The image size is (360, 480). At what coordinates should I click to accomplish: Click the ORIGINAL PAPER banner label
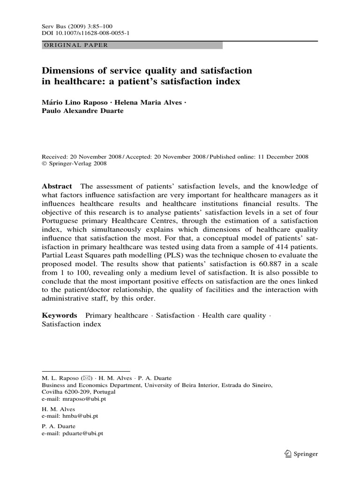pos(75,45)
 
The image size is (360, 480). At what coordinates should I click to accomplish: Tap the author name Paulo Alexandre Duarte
pos(82,111)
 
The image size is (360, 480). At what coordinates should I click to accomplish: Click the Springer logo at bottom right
pos(301,454)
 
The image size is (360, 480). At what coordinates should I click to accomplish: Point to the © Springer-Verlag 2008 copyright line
pos(75,164)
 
